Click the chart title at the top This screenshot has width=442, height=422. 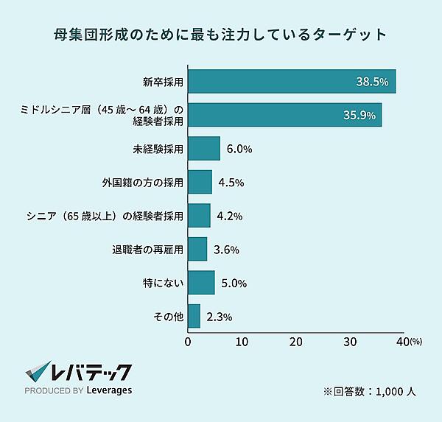tap(221, 34)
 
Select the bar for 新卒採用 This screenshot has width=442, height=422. tap(292, 81)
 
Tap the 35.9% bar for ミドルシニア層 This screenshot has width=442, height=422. tap(284, 115)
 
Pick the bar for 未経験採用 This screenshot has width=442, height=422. tap(204, 149)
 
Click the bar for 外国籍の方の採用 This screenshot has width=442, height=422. tap(200, 182)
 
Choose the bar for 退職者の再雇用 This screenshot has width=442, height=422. tap(197, 249)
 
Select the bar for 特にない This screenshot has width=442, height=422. tap(201, 283)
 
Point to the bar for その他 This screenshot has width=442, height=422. tap(194, 317)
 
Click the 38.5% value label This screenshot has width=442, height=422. tap(372, 82)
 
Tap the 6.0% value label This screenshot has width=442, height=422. tap(239, 149)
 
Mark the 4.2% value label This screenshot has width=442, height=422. tap(228, 216)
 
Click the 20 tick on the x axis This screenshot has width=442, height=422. tap(296, 342)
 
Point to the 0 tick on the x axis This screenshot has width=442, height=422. tap(189, 342)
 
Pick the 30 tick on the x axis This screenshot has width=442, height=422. tap(350, 342)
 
